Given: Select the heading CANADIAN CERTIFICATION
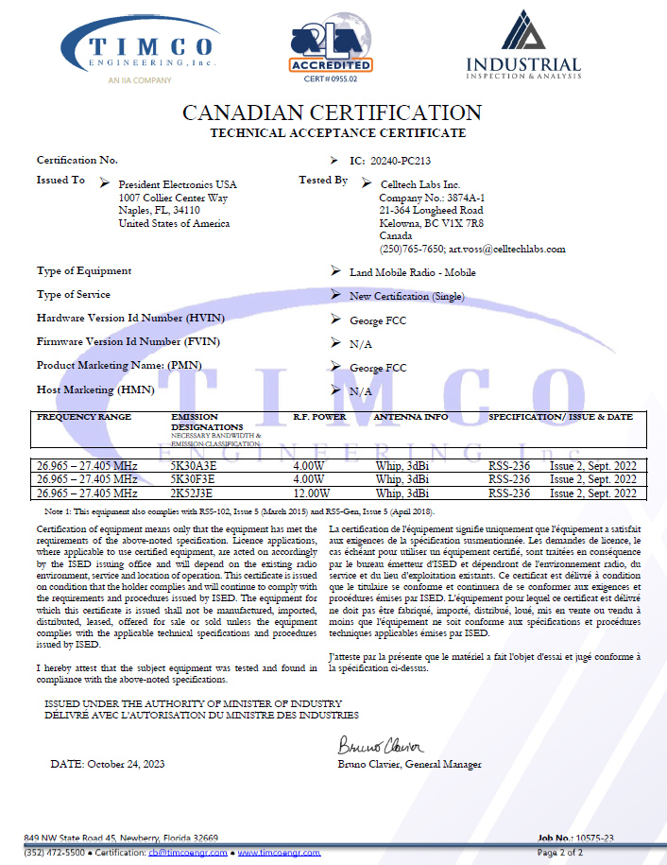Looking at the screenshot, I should [x=333, y=112].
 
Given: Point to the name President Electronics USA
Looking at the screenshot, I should [x=178, y=184].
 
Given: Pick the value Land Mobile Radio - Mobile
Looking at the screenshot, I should [x=412, y=273].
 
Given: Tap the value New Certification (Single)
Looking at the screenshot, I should [x=408, y=297].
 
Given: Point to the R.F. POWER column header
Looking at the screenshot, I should [x=319, y=417].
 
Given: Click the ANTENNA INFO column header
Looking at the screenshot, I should [x=410, y=417].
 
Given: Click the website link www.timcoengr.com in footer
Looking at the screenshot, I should [x=279, y=852].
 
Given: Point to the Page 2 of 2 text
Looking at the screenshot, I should [x=560, y=852].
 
